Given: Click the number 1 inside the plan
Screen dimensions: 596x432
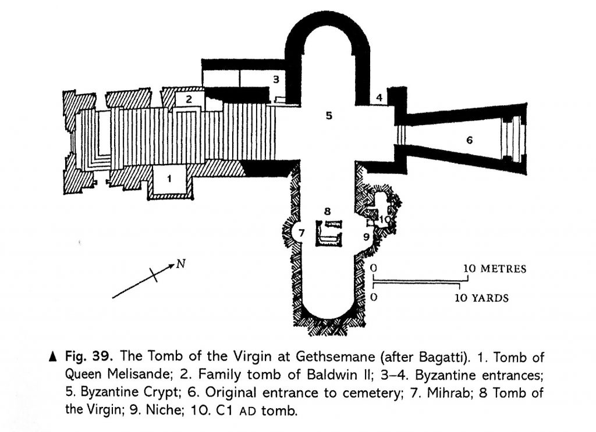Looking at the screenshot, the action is point(169,178).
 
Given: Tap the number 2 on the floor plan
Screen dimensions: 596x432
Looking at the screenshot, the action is point(189,99).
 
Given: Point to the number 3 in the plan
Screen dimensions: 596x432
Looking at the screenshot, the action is point(276,79).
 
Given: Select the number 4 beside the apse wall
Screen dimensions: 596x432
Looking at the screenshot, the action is point(379,98).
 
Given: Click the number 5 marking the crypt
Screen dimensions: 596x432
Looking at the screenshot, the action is point(329,115).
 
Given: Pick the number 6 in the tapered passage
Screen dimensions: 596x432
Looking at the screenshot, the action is point(470,141).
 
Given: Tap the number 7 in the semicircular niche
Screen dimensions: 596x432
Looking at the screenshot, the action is point(301,233).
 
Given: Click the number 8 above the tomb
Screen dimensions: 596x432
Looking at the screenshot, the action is point(327,212).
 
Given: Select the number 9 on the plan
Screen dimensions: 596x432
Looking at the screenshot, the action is point(366,237).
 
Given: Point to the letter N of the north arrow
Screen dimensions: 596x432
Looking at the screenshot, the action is point(181,263).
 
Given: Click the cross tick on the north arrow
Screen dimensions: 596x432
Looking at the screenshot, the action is point(154,274).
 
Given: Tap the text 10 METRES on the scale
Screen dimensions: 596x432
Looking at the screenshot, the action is point(495,269).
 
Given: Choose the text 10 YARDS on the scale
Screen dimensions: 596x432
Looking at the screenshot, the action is point(481,298).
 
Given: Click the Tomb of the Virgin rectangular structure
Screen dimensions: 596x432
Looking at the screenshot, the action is point(328,234).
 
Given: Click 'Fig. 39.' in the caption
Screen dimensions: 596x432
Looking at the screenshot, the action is point(89,357).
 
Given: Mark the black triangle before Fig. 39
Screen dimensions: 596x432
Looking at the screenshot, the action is point(53,357).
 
